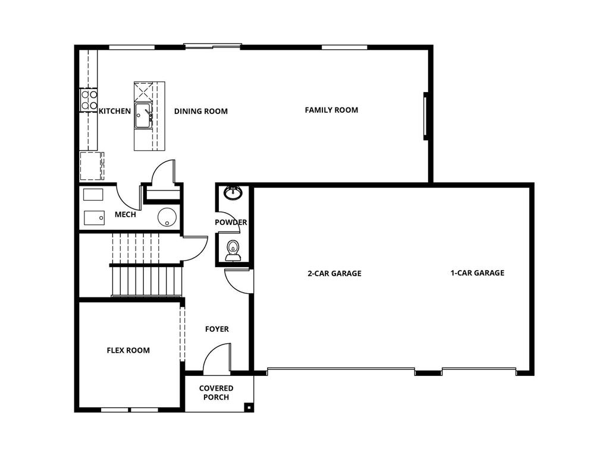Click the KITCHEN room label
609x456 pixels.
[114, 111]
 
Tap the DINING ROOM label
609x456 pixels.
[200, 111]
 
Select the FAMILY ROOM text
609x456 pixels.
[331, 110]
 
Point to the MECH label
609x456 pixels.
[125, 215]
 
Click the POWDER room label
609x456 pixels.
[231, 223]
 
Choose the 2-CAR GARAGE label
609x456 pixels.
[334, 274]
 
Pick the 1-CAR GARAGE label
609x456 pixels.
[477, 273]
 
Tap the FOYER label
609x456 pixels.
[216, 329]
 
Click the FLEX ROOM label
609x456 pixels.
[128, 350]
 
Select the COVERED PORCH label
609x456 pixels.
[216, 392]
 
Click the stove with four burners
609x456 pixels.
[89, 100]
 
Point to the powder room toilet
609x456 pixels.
[233, 251]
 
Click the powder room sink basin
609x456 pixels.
[233, 193]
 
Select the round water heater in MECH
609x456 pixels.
[167, 217]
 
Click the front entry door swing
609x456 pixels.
[215, 360]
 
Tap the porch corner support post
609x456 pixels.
[249, 407]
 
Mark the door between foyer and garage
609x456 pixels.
[238, 281]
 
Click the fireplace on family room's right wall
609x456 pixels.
[426, 116]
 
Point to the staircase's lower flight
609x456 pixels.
[146, 280]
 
